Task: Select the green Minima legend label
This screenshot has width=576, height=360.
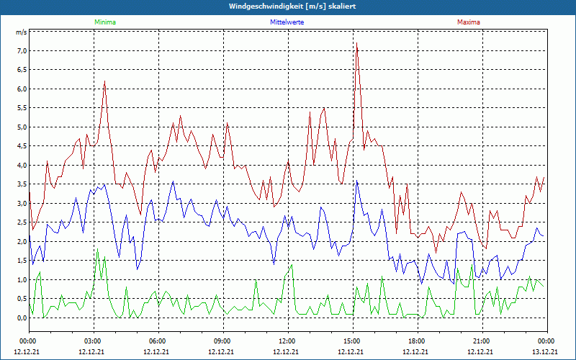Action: point(104,22)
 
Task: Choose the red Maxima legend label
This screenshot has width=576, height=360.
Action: point(469,22)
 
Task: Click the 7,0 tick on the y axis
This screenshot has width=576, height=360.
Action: point(21,51)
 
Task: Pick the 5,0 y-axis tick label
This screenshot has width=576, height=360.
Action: point(21,127)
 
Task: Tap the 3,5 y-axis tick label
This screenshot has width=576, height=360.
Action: point(21,184)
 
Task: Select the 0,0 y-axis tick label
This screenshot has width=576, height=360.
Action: point(21,318)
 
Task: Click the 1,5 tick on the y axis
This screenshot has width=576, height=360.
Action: point(21,261)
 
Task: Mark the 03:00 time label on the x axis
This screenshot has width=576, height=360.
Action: point(93,341)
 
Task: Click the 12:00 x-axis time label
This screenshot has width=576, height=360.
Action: point(287,341)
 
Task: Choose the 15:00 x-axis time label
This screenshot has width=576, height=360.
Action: point(352,341)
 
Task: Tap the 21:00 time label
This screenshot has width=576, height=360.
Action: point(482,341)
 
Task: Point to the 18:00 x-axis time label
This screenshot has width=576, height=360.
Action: point(417,341)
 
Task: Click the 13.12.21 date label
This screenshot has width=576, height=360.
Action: point(545,352)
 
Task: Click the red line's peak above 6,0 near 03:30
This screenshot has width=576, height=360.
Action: point(105,81)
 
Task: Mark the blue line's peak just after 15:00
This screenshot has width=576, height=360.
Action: point(357,181)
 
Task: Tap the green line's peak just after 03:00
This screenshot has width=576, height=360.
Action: point(97,250)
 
